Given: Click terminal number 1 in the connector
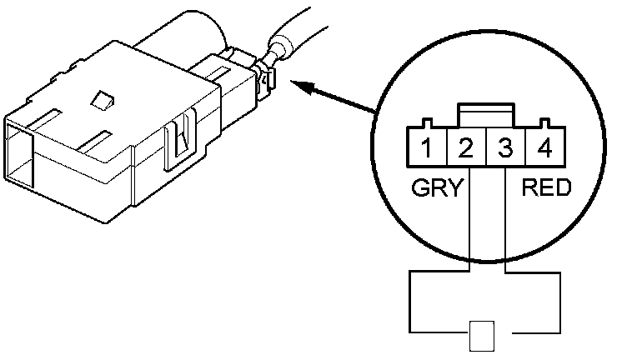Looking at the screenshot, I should tap(426, 151).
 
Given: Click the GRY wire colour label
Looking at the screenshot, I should tap(436, 188).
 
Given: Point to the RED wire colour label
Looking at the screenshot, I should tap(546, 188).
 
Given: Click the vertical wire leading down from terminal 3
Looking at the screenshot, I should tap(506, 225).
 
